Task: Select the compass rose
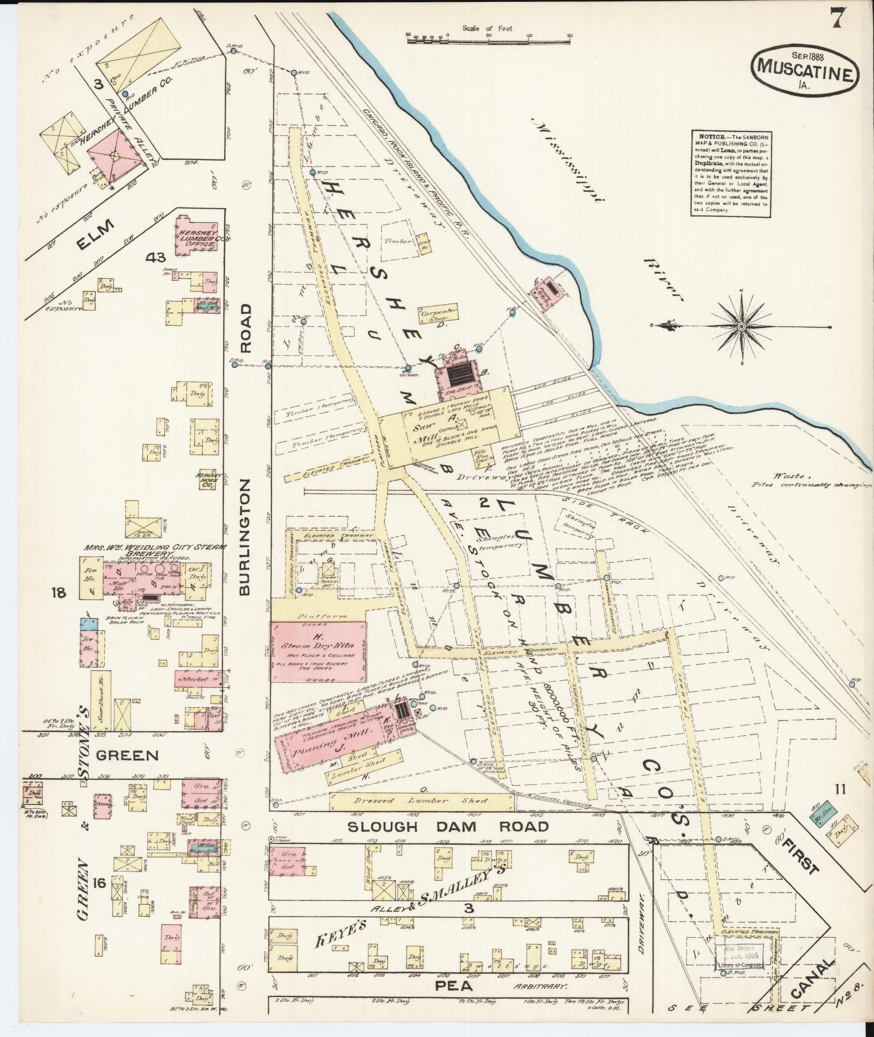(x=741, y=326)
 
